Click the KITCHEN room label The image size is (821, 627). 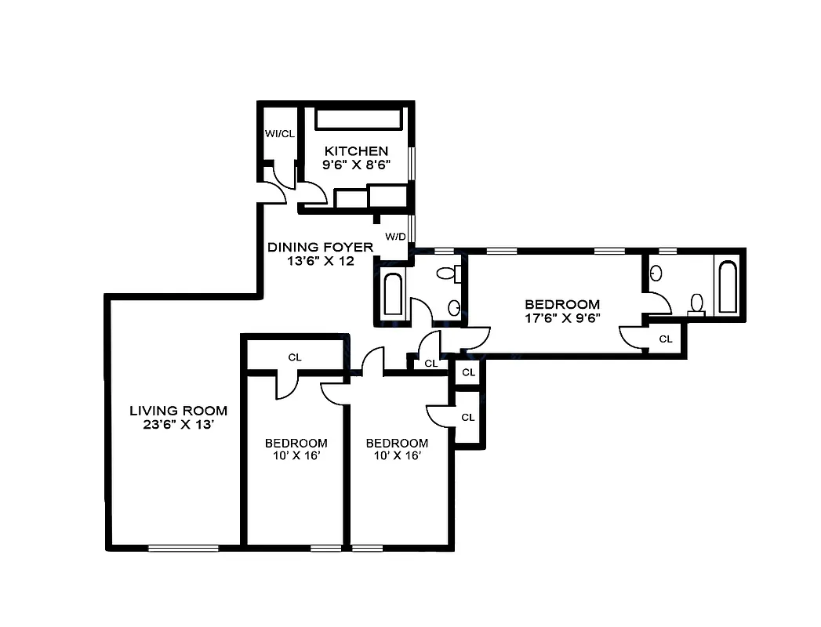pos(357,150)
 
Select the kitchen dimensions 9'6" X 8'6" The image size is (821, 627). pos(357,165)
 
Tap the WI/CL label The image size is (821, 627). pos(279,133)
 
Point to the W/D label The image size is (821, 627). pos(395,235)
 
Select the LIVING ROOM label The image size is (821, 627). pos(178,410)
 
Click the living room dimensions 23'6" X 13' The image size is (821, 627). pos(178,425)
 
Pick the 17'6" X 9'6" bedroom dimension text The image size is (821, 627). pos(562,319)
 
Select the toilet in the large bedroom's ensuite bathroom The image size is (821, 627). pos(696,303)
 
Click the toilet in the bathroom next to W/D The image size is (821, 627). pos(449,274)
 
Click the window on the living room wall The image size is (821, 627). pos(183,548)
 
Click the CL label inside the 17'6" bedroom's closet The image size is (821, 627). pos(665,339)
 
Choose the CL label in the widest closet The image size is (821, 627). pos(295,357)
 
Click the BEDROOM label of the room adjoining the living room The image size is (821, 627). pos(296,443)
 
